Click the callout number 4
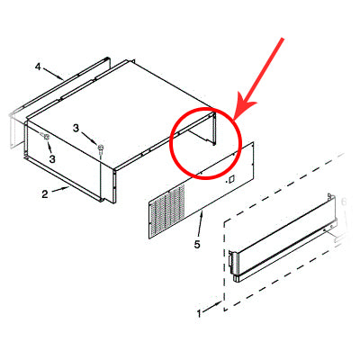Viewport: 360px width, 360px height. [39, 66]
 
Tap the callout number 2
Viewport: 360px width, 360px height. [42, 193]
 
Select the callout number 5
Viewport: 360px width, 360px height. [196, 244]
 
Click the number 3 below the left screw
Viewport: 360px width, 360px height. [52, 158]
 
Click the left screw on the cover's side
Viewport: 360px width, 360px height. [44, 136]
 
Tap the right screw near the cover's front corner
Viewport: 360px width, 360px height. [101, 147]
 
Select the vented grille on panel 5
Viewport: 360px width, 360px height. [171, 210]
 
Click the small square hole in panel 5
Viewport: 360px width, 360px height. [231, 179]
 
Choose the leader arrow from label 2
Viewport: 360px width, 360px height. [58, 189]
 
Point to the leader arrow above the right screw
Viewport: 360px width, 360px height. [92, 137]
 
